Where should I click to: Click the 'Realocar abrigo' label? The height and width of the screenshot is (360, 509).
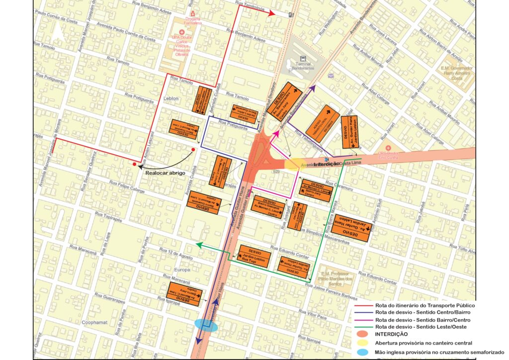coord(165,173)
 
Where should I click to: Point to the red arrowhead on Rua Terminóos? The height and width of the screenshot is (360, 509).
coord(272,14)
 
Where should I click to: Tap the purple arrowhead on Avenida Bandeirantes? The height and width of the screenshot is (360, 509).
coord(313,89)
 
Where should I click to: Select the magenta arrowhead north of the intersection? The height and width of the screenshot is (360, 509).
coord(274,133)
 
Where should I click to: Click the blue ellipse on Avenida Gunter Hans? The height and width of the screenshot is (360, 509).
coord(206,325)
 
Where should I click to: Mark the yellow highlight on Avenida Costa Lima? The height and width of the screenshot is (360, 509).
coord(292,165)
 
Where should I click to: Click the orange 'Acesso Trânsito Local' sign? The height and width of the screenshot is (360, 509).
coord(323,123)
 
